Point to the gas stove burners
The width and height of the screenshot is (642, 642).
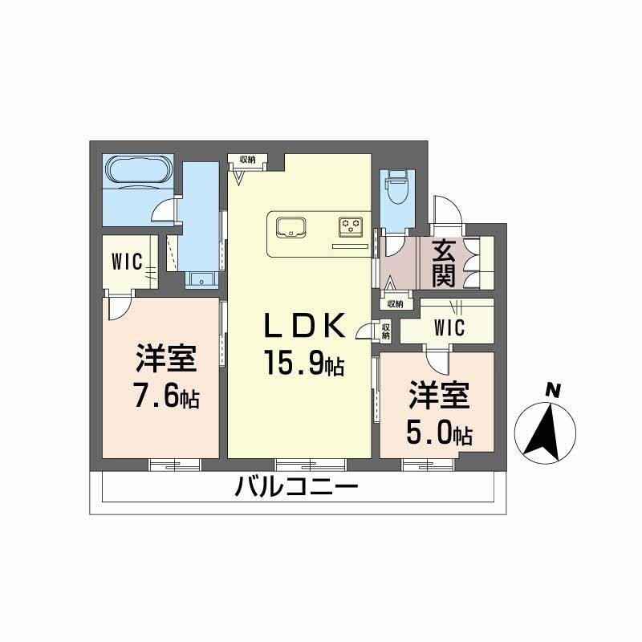[351, 226]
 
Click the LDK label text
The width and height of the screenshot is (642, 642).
[306, 327]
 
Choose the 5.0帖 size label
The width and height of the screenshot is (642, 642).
[438, 433]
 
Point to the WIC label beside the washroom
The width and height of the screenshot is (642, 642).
[127, 262]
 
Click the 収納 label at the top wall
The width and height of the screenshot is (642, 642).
[247, 159]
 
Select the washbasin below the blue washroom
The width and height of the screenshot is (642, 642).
[201, 279]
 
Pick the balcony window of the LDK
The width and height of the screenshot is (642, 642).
[311, 463]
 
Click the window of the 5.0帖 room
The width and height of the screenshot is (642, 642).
[427, 463]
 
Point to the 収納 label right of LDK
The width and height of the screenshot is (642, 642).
[386, 331]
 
